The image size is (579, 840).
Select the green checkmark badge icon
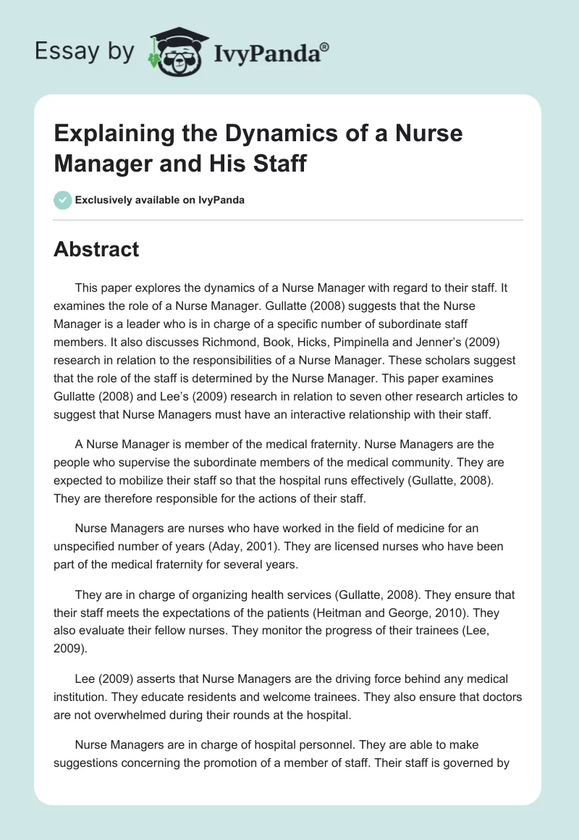pyautogui.click(x=63, y=200)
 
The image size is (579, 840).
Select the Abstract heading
pyautogui.click(x=96, y=249)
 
